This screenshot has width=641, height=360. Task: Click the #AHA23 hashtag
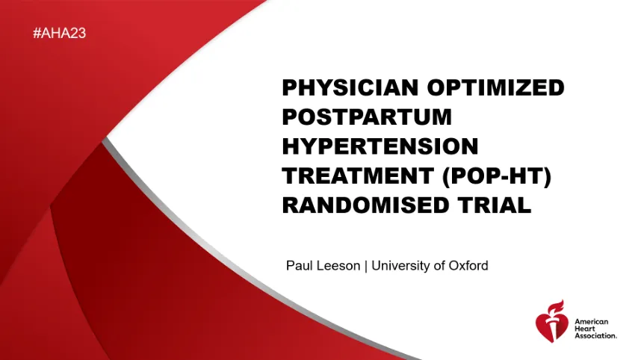coord(59,33)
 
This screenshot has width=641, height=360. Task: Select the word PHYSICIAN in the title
coord(350,87)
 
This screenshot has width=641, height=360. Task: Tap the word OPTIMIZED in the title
coord(496,87)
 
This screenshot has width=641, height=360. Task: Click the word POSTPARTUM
coord(367,117)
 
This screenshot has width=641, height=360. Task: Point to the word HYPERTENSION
coord(380,146)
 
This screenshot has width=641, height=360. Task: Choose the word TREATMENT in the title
coord(358,176)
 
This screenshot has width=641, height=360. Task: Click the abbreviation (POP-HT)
coord(497,176)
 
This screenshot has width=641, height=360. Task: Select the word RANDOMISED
coord(366,205)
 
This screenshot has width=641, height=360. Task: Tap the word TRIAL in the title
coord(495,205)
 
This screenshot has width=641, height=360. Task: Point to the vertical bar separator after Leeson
coord(366,266)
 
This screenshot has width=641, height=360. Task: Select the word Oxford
coord(468,266)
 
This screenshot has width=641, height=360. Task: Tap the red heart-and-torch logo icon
coord(552,321)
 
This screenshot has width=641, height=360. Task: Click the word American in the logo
coord(592,322)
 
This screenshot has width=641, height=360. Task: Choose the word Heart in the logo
coord(585,329)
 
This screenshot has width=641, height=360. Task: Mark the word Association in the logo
coord(595,335)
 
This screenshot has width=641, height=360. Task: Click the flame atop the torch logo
coord(557,306)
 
